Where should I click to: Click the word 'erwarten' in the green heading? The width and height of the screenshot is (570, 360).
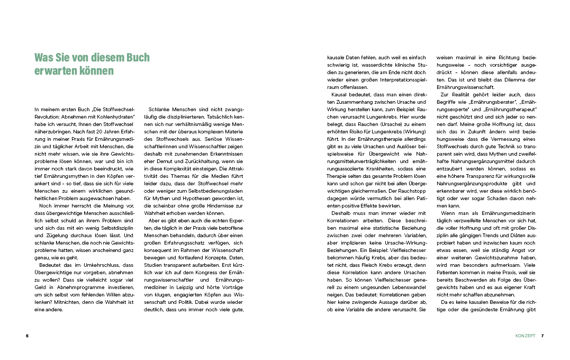pyautogui.click(x=53, y=71)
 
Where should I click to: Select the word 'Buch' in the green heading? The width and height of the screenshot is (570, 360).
pyautogui.click(x=135, y=57)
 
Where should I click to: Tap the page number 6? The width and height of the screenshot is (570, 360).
pyautogui.click(x=26, y=336)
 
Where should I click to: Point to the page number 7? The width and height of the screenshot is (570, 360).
pyautogui.click(x=542, y=336)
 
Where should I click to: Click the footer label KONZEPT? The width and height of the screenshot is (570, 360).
pyautogui.click(x=525, y=336)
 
